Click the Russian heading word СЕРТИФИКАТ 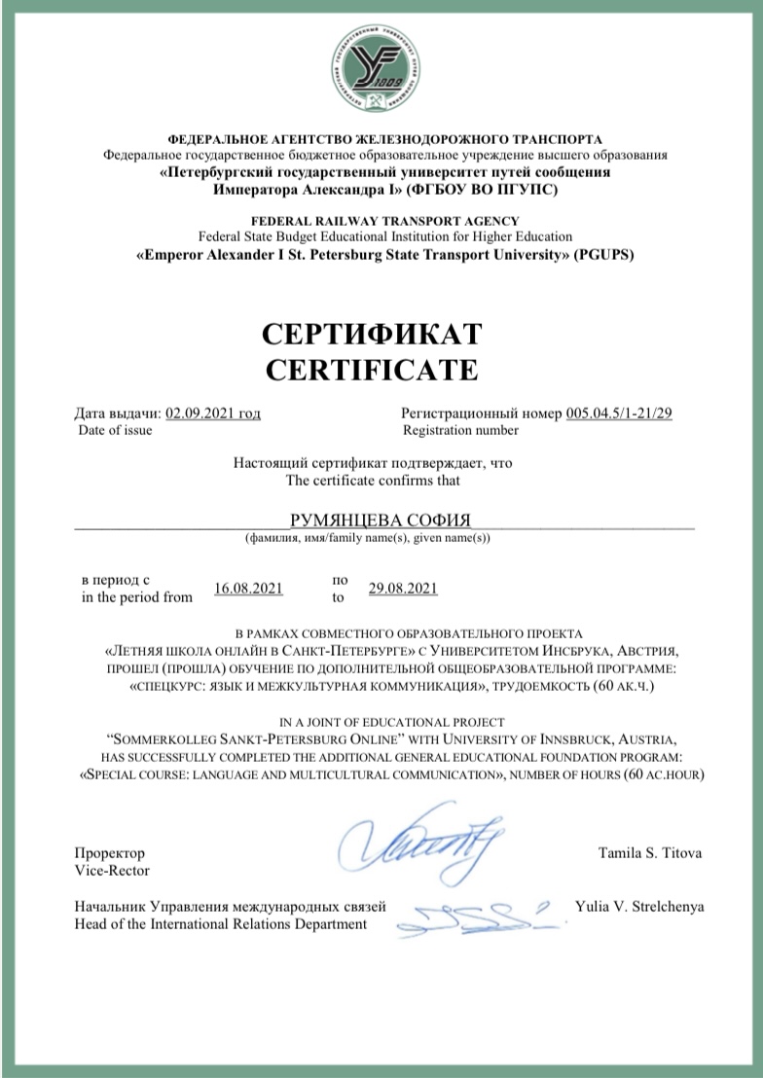(x=373, y=335)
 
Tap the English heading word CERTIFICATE (x=373, y=370)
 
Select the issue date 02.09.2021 (x=213, y=413)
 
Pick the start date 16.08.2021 (x=248, y=588)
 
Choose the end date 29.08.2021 (x=403, y=588)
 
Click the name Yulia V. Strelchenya (x=639, y=907)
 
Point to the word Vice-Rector (x=112, y=871)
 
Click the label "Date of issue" (x=115, y=430)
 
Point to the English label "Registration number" (x=460, y=430)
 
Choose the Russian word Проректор (x=109, y=853)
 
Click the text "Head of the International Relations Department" (x=221, y=924)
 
